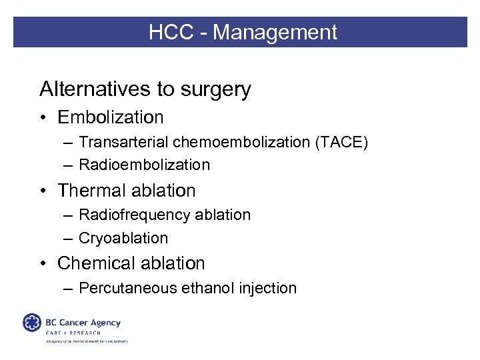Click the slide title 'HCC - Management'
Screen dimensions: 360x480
click(243, 32)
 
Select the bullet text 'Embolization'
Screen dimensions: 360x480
click(110, 117)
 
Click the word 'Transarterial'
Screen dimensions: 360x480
click(123, 142)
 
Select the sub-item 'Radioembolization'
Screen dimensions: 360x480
click(144, 165)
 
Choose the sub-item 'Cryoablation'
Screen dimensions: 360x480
click(123, 238)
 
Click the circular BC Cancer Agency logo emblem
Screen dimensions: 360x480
click(31, 323)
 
